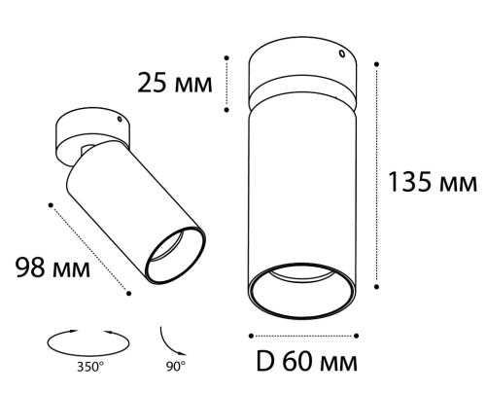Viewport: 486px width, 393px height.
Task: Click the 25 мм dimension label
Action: [x=175, y=83]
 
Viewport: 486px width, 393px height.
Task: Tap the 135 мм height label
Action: [x=433, y=182]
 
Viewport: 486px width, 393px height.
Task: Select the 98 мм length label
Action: [x=52, y=268]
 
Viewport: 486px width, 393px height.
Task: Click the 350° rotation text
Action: [x=90, y=367]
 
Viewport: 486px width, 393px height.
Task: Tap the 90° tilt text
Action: [x=176, y=367]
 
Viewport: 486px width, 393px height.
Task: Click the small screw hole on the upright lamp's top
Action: [x=341, y=54]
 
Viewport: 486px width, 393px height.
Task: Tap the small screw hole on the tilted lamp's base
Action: [x=120, y=120]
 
